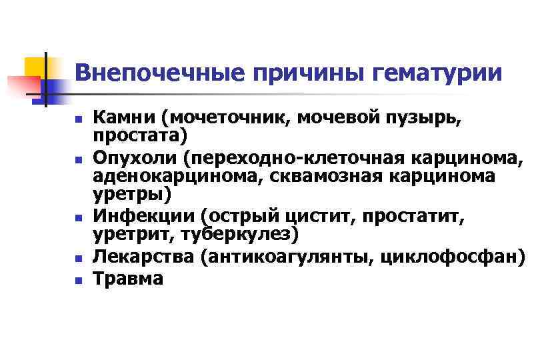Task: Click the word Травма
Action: coord(128,278)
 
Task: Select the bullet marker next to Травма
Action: coord(79,280)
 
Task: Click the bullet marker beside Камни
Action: coord(79,121)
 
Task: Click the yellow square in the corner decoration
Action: coord(35,66)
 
